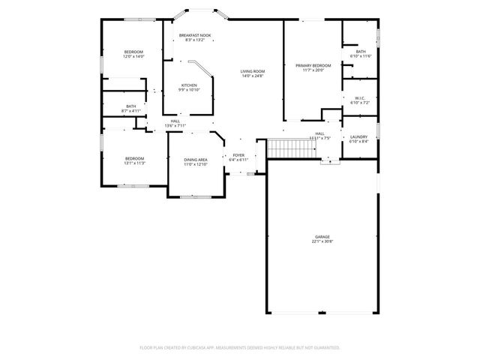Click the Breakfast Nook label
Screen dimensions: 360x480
pos(195,35)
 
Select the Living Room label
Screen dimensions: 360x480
pos(253,71)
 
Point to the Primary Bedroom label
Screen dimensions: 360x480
pos(313,65)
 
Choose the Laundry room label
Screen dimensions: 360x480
pos(358,136)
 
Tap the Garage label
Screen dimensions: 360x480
pos(322,236)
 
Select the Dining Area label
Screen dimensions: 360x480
pos(196,159)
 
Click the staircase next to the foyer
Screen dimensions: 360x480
pos(284,149)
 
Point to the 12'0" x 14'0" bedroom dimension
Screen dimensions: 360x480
pos(133,56)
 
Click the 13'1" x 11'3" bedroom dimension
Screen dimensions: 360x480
pos(134,163)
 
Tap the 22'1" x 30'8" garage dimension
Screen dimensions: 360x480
pos(322,241)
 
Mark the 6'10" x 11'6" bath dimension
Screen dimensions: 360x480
pos(361,56)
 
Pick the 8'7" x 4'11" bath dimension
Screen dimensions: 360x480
pos(131,111)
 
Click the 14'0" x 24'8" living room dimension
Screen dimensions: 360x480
pos(253,76)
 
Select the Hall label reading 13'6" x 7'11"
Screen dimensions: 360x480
pos(175,121)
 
